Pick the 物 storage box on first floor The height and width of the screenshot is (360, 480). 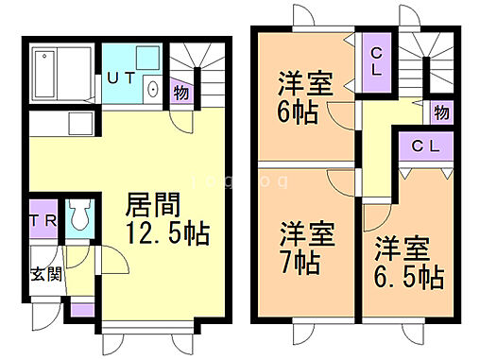180,93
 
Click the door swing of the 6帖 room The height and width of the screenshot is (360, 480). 338,116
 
